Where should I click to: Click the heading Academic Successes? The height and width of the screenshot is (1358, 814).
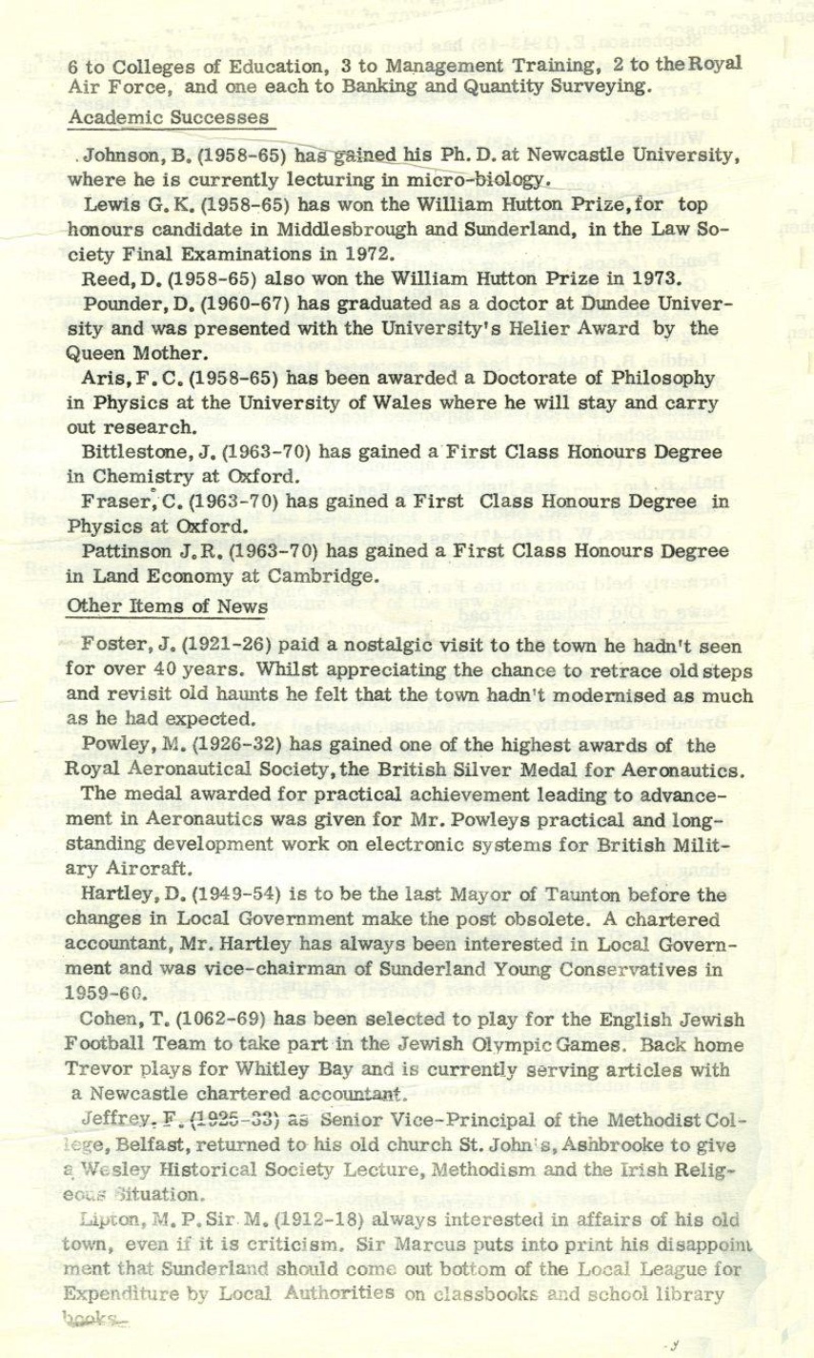169,118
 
